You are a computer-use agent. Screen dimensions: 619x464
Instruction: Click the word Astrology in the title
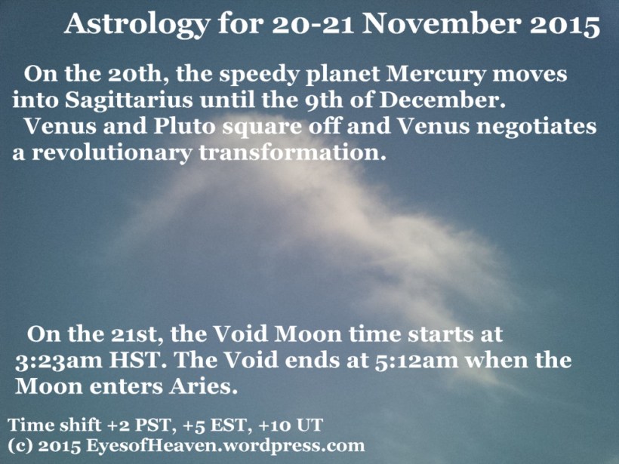click(x=137, y=25)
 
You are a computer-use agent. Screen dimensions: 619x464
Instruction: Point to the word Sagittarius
click(x=129, y=101)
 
